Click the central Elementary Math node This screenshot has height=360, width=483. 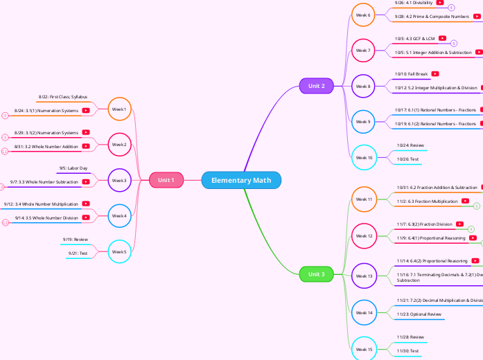(241, 180)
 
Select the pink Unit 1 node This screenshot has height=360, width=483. (166, 180)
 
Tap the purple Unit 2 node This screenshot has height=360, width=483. (316, 86)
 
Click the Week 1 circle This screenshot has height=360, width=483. (119, 109)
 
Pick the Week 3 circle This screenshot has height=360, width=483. (119, 180)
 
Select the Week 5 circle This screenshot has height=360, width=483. (119, 252)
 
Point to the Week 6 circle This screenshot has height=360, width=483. (363, 15)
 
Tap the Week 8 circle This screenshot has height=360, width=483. (363, 87)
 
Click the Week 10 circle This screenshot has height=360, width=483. (363, 157)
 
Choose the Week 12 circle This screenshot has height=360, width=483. (363, 236)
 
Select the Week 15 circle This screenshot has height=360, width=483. (363, 350)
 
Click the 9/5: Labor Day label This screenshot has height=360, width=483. (73, 168)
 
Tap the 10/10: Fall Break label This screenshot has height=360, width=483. (411, 74)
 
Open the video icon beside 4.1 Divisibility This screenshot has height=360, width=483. (440, 3)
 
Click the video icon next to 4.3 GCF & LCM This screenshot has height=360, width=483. (442, 39)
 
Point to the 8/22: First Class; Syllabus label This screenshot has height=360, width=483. (63, 98)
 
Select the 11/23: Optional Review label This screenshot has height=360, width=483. (418, 314)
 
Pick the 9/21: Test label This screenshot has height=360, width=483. (78, 253)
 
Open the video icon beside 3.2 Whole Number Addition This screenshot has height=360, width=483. (86, 147)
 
